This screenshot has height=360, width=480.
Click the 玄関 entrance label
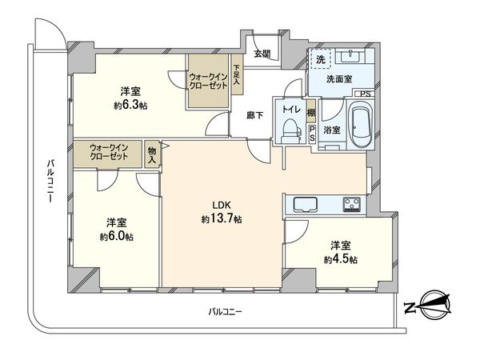click(262, 54)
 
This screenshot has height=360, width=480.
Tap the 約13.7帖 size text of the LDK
click(222, 218)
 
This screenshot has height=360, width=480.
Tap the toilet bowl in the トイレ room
click(289, 133)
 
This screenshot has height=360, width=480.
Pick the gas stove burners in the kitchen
click(353, 203)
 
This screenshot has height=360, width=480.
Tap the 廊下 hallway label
click(256, 114)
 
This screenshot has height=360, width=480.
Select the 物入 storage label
click(152, 154)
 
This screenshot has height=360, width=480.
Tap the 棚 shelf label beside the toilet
click(310, 114)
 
